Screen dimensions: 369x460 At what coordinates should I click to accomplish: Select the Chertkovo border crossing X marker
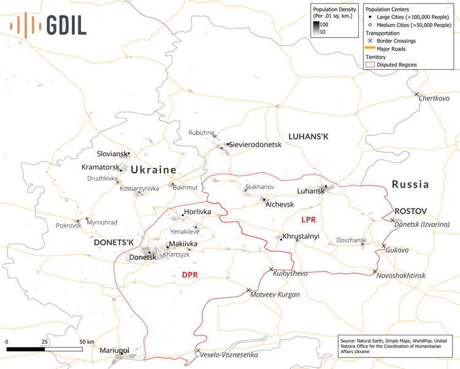coord(416,94)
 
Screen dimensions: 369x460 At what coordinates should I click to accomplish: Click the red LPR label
coord(308,219)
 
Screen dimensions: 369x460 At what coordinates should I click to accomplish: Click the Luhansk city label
coord(310,191)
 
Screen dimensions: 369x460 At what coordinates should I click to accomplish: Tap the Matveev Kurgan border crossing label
coord(275,295)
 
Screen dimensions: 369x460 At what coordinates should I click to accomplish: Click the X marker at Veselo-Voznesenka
coord(198,351)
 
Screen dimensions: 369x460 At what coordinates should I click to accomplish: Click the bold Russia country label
coord(410,184)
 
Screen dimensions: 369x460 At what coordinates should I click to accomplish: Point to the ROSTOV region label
coord(410,210)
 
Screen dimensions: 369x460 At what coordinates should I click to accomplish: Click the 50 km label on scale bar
coord(86,341)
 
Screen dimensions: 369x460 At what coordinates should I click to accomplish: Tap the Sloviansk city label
coord(112,153)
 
